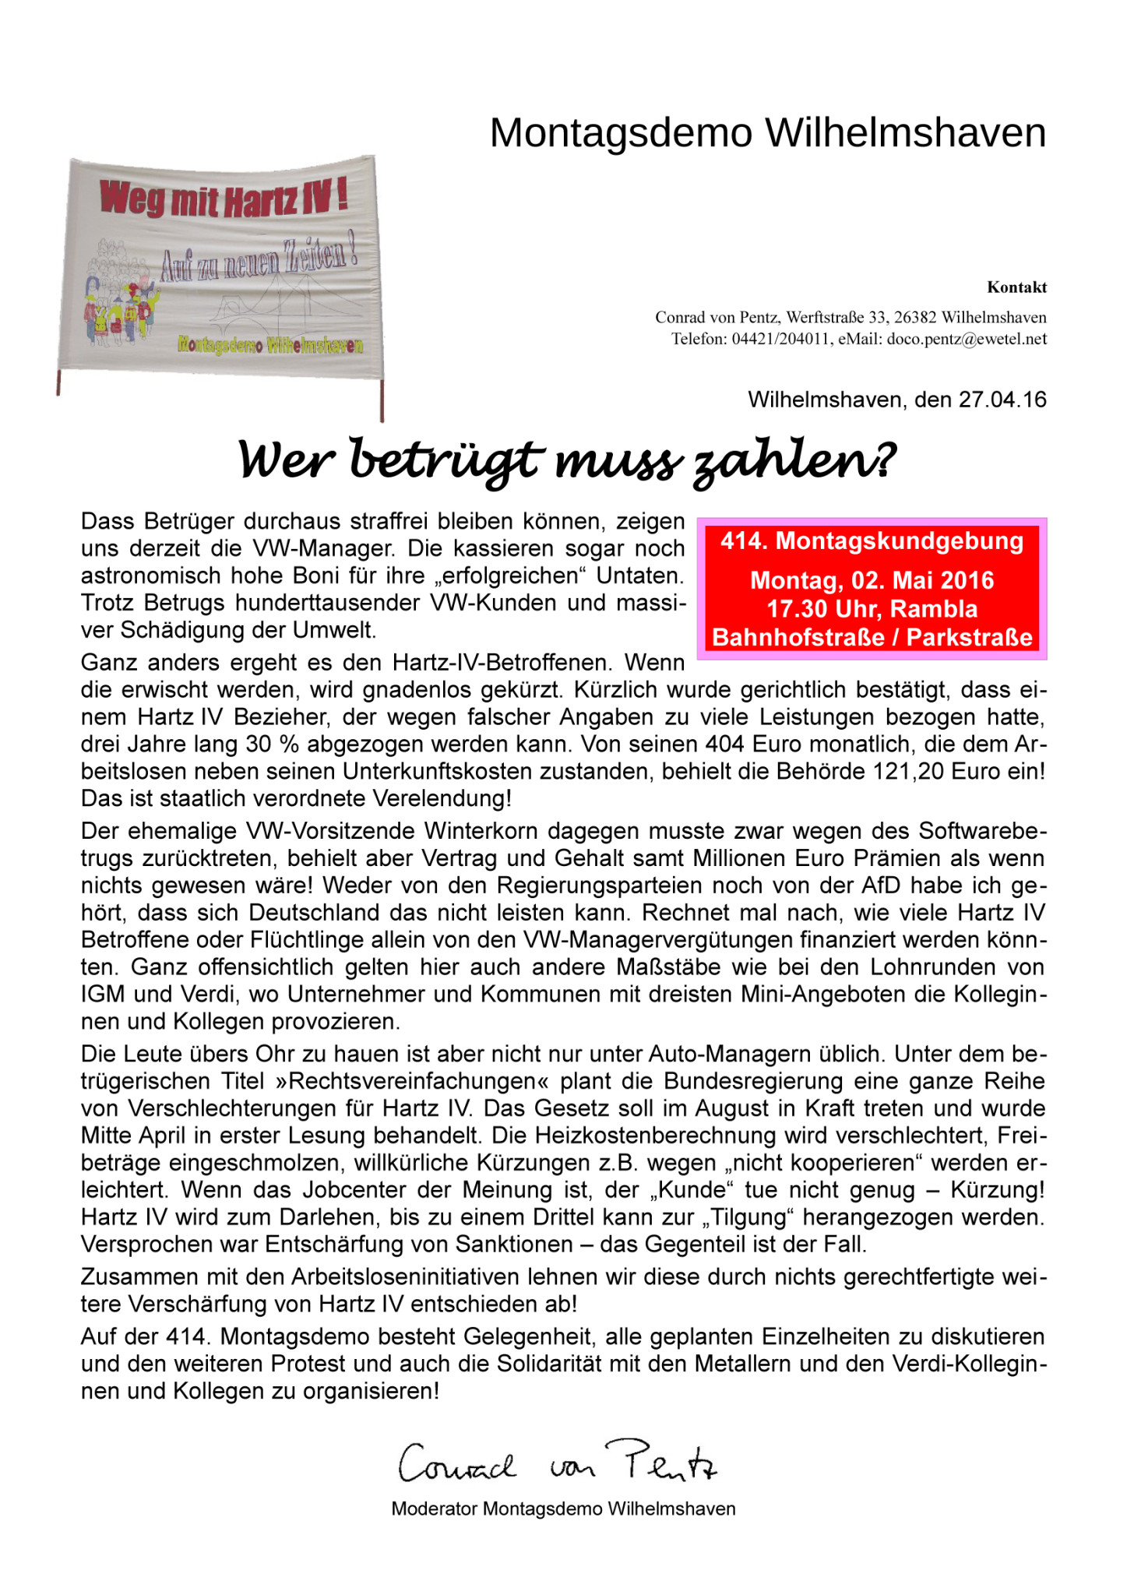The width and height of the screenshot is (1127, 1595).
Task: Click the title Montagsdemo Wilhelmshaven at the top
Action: pyautogui.click(x=767, y=133)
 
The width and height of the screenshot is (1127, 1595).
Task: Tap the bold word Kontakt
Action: pyautogui.click(x=1016, y=287)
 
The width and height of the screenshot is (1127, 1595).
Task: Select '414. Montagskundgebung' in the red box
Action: pyautogui.click(x=872, y=541)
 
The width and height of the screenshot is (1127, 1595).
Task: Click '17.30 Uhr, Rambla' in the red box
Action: pyautogui.click(x=872, y=609)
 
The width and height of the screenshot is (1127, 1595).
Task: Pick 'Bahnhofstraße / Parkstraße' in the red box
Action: pyautogui.click(x=872, y=638)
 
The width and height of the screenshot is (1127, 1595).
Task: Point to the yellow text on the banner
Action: pyautogui.click(x=269, y=345)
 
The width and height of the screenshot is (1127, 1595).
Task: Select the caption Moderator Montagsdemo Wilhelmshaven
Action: pyautogui.click(x=563, y=1509)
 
